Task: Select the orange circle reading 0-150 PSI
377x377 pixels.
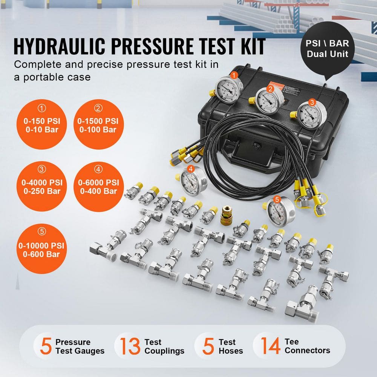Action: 42,125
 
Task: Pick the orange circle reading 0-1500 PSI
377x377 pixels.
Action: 98,125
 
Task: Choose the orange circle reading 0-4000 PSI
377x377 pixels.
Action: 42,186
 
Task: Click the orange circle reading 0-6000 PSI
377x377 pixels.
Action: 98,186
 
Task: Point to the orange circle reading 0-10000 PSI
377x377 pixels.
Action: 42,249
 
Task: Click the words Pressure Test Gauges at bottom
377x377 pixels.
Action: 80,346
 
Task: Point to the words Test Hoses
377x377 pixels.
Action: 231,346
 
